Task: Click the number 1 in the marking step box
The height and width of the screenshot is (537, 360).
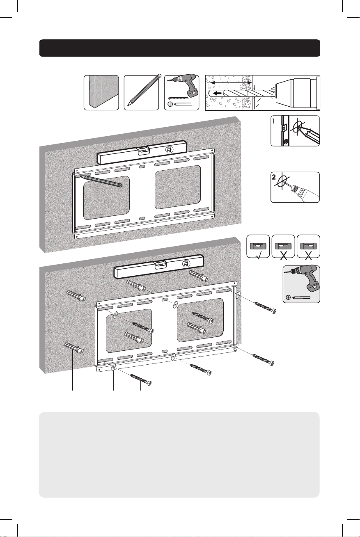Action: point(274,121)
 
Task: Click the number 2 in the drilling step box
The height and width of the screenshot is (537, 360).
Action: point(274,177)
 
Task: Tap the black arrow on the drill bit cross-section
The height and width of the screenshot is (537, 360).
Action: point(218,93)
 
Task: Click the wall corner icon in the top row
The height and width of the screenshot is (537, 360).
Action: point(101,93)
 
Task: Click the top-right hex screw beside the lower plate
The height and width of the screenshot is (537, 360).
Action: point(266,308)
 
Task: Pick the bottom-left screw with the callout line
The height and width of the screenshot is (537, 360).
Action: point(141,379)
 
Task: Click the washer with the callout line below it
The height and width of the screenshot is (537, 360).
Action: point(113,367)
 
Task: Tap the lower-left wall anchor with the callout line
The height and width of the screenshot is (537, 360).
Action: point(74,347)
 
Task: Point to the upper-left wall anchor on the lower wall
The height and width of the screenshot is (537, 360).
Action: point(76,295)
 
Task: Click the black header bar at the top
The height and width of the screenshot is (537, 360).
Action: point(180,48)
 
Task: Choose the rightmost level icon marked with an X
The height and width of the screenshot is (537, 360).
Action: point(308,246)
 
